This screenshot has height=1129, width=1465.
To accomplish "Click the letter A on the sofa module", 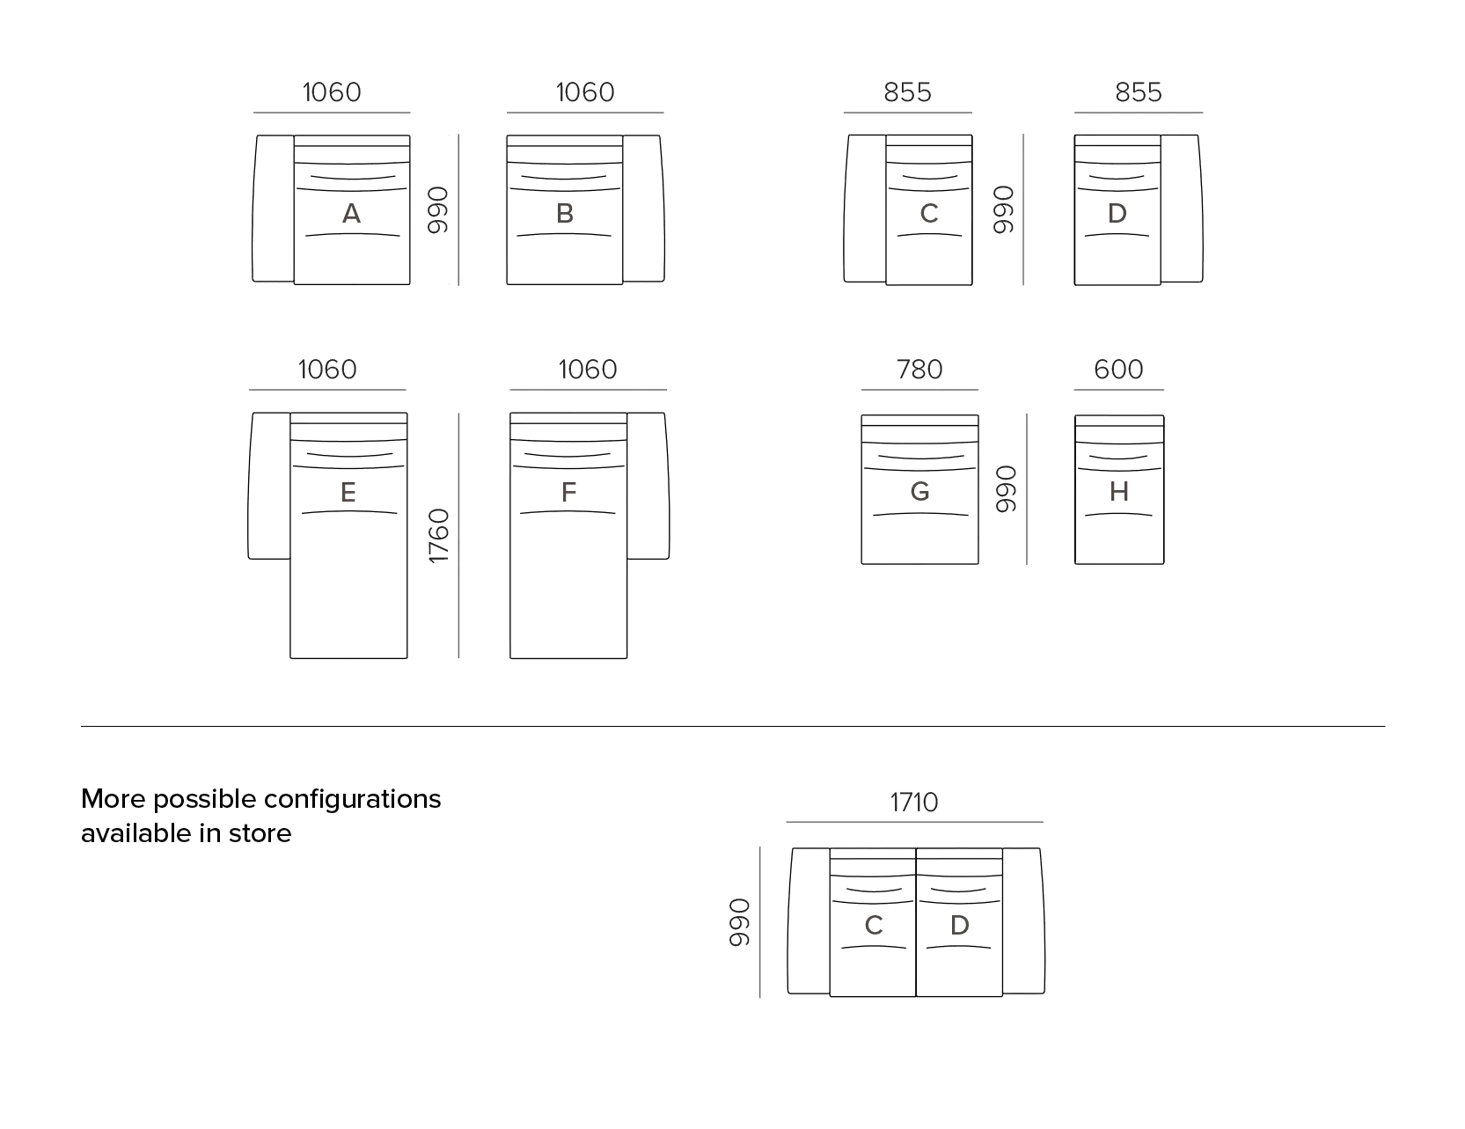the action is [x=351, y=214].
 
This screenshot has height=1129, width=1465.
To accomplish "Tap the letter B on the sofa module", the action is [x=565, y=214].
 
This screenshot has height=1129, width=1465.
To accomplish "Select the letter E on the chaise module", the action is [x=348, y=493].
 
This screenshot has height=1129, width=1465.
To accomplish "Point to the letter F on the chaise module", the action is [x=568, y=493].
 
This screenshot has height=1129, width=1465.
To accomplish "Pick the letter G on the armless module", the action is [x=919, y=491].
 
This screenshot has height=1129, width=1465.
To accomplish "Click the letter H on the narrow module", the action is [x=1119, y=492].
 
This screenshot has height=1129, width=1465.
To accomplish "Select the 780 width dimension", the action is [x=919, y=370].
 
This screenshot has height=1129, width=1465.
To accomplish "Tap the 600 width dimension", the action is [x=1118, y=370].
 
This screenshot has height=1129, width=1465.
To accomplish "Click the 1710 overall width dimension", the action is [x=914, y=803].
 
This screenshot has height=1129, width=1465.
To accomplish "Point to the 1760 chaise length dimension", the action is [x=438, y=535].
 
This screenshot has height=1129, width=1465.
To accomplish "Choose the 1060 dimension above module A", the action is [x=332, y=92].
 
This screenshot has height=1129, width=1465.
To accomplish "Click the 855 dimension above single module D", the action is [x=1139, y=92].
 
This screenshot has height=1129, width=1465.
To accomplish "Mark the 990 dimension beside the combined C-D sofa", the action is [x=739, y=922].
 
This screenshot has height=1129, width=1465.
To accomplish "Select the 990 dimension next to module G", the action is [x=1005, y=489].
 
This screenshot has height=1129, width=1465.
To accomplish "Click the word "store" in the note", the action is [x=260, y=833].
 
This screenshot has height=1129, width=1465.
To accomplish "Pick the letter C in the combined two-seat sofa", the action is [x=874, y=926].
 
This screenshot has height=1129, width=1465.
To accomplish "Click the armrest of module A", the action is [x=273, y=209].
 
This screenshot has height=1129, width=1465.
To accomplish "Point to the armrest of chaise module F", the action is [x=648, y=485].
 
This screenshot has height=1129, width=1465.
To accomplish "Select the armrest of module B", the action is [x=643, y=209].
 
